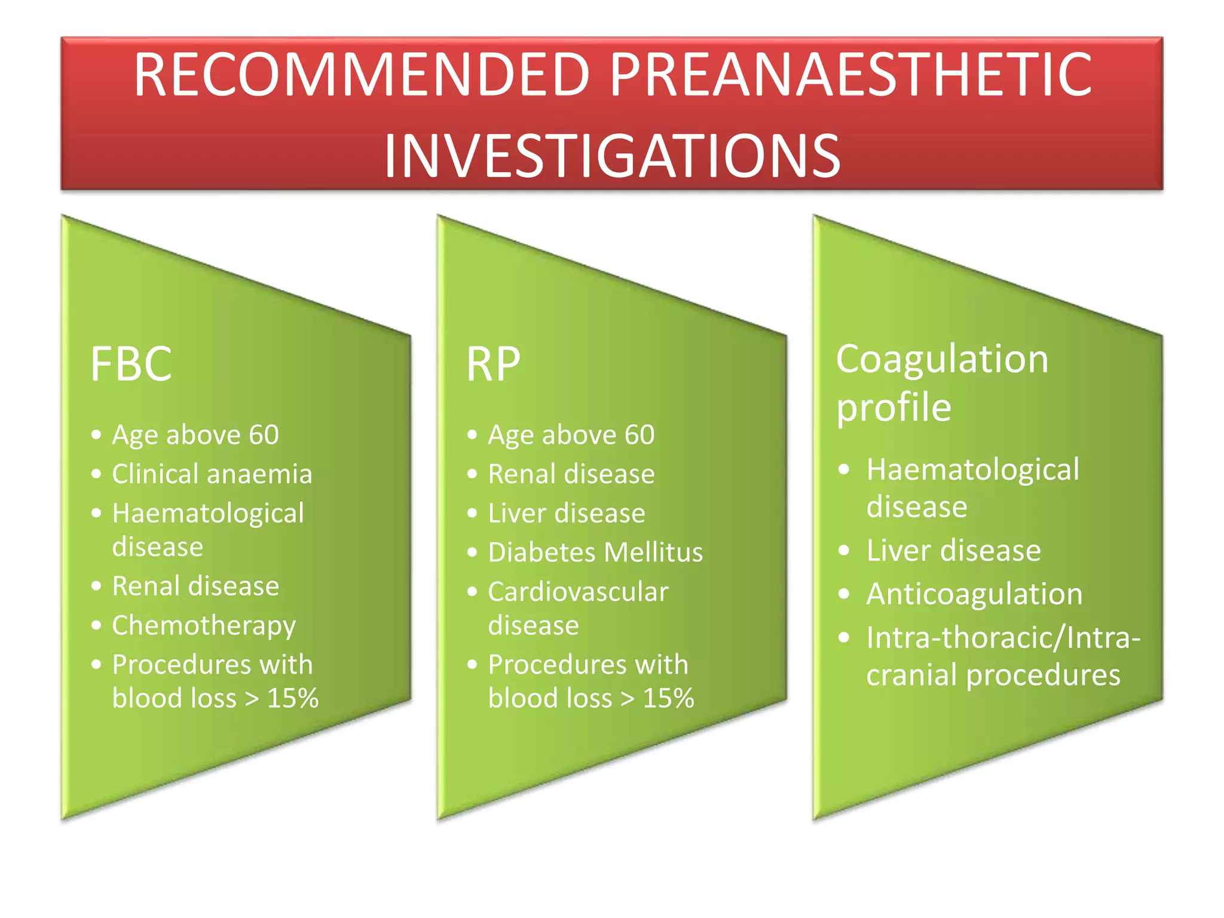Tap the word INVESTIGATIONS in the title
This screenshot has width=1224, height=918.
pyautogui.click(x=612, y=157)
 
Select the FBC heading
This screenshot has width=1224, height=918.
pyautogui.click(x=131, y=364)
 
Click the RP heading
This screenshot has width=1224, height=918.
pyautogui.click(x=493, y=364)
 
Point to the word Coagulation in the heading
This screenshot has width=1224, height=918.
pyautogui.click(x=942, y=359)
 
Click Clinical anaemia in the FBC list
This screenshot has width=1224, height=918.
pyautogui.click(x=212, y=474)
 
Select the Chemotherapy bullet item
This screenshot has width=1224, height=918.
pyautogui.click(x=204, y=626)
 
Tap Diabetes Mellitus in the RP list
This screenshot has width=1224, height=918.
pyautogui.click(x=595, y=552)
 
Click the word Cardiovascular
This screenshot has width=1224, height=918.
pyautogui.click(x=578, y=592)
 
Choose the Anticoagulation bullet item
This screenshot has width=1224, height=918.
pyautogui.click(x=974, y=594)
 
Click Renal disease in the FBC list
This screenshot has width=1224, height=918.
pyautogui.click(x=195, y=586)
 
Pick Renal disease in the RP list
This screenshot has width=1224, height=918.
pyautogui.click(x=571, y=474)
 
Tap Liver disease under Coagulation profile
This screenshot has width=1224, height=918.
pyautogui.click(x=953, y=550)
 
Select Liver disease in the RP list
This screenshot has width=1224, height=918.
pyautogui.click(x=567, y=513)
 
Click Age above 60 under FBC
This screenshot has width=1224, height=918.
pyautogui.click(x=195, y=434)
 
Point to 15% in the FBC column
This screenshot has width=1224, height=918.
pyautogui.click(x=292, y=698)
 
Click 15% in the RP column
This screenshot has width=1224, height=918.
pyautogui.click(x=668, y=698)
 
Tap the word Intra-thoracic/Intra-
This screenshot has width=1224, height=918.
pyautogui.click(x=1003, y=638)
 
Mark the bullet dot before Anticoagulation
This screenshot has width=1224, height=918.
pyautogui.click(x=843, y=593)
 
